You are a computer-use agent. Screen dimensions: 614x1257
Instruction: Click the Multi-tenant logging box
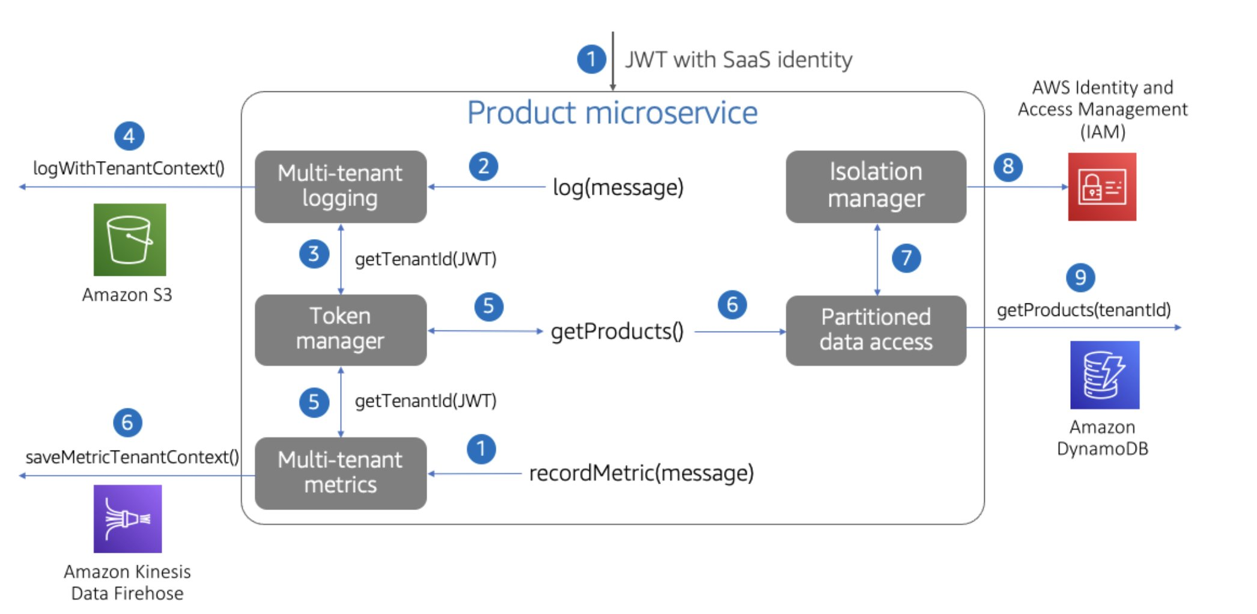340,186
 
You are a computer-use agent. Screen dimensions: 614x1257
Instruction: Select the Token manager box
340,329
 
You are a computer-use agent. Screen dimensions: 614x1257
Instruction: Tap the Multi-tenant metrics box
340,473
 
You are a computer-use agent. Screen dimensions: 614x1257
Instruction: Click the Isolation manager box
875,186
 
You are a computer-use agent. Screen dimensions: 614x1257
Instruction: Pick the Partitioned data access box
875,330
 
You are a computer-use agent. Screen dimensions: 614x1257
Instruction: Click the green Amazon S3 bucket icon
130,240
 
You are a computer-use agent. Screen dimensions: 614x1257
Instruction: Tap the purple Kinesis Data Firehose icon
127,518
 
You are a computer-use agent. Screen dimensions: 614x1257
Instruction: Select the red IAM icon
1101,187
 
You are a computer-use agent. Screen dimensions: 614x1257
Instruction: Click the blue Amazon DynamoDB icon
1104,375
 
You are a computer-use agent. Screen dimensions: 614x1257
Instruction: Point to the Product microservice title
612,113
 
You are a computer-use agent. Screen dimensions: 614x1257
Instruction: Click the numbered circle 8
1008,166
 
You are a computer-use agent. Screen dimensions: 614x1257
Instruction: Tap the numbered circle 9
1080,278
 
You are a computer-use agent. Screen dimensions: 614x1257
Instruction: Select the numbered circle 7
906,258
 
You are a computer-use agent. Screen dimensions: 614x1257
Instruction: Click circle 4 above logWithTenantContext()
129,136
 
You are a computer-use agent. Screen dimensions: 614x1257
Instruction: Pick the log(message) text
618,187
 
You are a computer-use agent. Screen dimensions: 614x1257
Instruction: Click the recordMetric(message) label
641,473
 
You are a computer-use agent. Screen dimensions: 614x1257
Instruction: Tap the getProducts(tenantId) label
1083,310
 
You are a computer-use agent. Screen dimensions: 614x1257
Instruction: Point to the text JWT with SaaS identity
738,60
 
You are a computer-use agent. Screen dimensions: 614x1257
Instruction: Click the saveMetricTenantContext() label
132,457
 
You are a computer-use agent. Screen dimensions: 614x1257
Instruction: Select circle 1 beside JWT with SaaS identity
591,59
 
